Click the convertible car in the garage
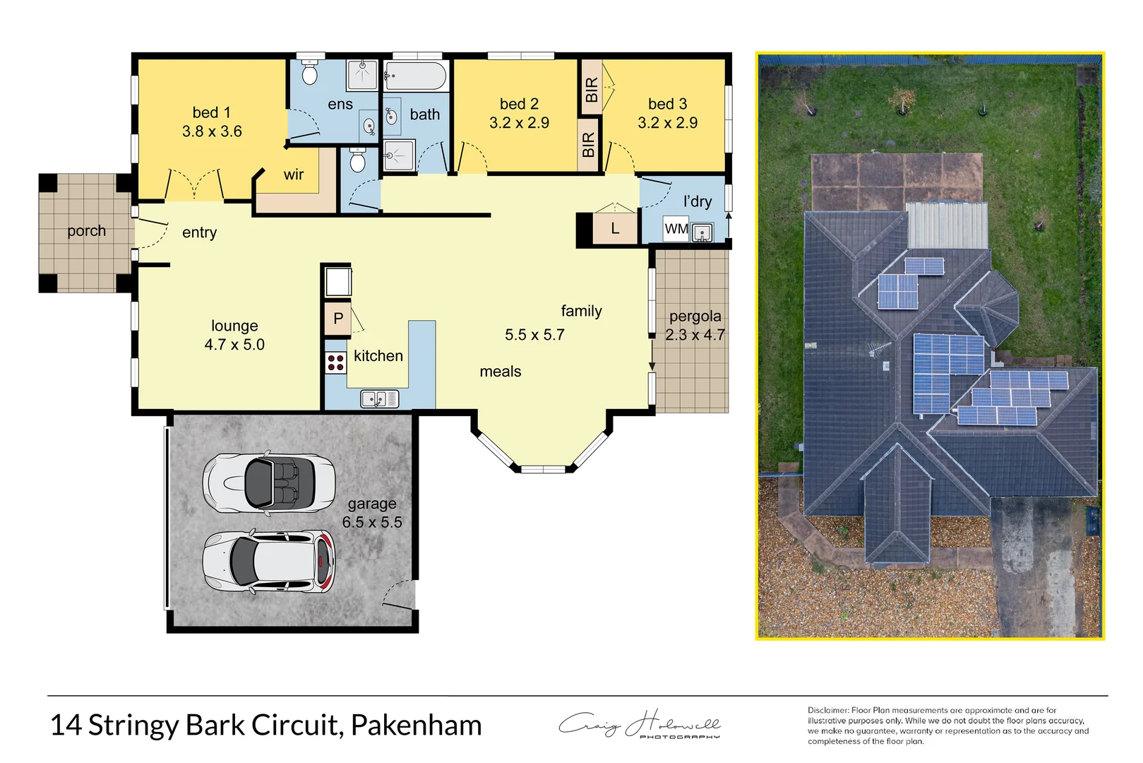pos(269,483)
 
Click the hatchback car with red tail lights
pos(269,562)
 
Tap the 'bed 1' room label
pos(211,112)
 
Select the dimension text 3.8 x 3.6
pos(212,131)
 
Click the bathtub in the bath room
pos(415,76)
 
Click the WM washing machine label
pos(676,229)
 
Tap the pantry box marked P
pos(338,319)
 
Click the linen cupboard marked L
pos(614,228)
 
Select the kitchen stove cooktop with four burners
pos(335,363)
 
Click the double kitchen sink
pos(380,399)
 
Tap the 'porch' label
pos(86,231)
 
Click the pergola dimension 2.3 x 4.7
pos(695,335)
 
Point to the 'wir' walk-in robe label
pos(294,175)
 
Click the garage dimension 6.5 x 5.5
pos(372,522)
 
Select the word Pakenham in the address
pos(416,726)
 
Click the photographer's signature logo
pos(640,725)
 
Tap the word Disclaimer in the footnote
pos(827,710)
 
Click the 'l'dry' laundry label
pos(697,201)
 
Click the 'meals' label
pos(500,372)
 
